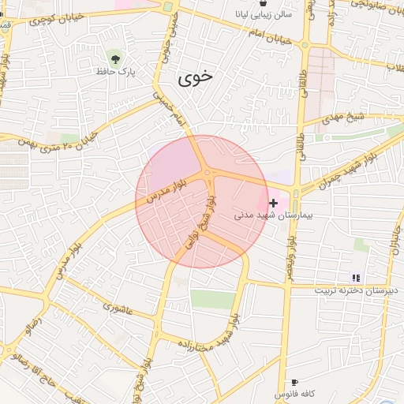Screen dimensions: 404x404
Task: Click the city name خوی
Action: [x=196, y=77]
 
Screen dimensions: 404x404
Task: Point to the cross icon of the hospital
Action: [x=273, y=203]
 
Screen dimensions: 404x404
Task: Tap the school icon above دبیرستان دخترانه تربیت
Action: [x=356, y=278]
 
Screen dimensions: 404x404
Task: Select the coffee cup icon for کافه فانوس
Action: [x=295, y=382]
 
